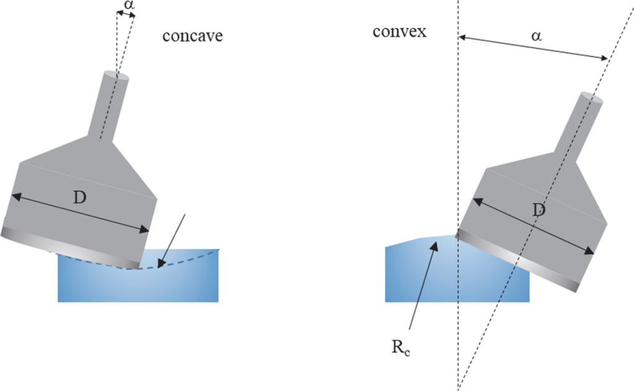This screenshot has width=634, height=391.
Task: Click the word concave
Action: (x=193, y=36)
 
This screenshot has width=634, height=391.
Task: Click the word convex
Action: (x=399, y=31)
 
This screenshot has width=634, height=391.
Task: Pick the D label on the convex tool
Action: (x=539, y=210)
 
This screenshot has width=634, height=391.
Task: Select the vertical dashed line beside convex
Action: (x=458, y=155)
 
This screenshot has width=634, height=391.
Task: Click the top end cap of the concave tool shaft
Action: (x=116, y=77)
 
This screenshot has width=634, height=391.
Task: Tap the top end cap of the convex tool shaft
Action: (x=590, y=98)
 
